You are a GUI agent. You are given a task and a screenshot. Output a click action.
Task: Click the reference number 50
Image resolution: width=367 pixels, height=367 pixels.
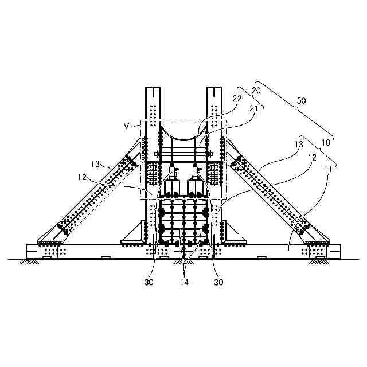click(301, 100)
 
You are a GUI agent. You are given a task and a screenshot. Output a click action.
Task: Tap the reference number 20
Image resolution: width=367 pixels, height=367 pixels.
click(256, 91)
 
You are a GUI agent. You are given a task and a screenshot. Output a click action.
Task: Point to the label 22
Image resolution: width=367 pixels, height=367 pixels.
click(237, 98)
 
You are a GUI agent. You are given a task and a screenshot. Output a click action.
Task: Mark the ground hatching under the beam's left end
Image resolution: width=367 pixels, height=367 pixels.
click(28, 262)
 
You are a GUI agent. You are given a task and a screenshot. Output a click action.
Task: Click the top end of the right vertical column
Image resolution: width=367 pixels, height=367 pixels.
click(213, 89)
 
